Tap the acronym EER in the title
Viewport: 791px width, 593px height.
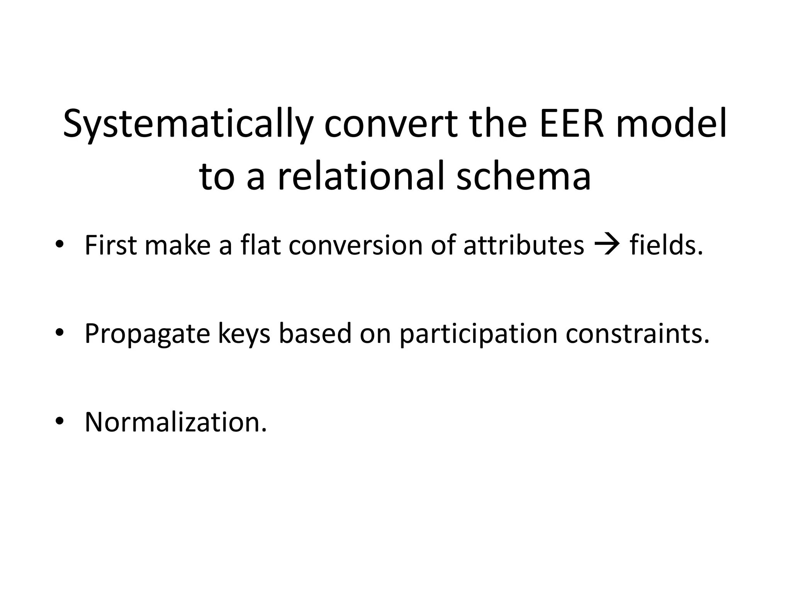(x=571, y=124)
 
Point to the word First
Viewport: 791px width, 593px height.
(x=110, y=245)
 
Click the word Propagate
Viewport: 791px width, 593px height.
(x=147, y=334)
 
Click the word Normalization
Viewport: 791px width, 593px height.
(x=176, y=422)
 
